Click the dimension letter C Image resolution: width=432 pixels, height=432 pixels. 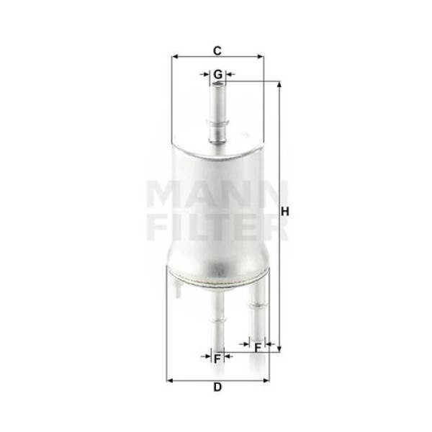[x=217, y=50]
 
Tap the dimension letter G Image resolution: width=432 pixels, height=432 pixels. [x=217, y=74]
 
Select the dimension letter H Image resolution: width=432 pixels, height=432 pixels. [x=285, y=212]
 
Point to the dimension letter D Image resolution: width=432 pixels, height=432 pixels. [x=217, y=387]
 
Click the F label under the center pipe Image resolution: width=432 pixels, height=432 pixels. [x=217, y=359]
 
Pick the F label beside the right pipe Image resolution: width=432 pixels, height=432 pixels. [x=258, y=348]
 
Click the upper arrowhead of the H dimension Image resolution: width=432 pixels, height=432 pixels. [x=279, y=84]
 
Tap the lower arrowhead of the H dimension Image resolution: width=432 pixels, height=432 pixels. [x=279, y=349]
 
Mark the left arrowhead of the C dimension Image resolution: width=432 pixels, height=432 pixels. [x=175, y=57]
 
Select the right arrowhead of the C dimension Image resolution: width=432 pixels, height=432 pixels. [x=261, y=57]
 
